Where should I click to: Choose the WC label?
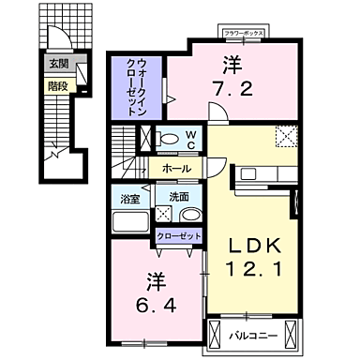189,139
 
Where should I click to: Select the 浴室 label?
129,197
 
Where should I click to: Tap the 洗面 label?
178,197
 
